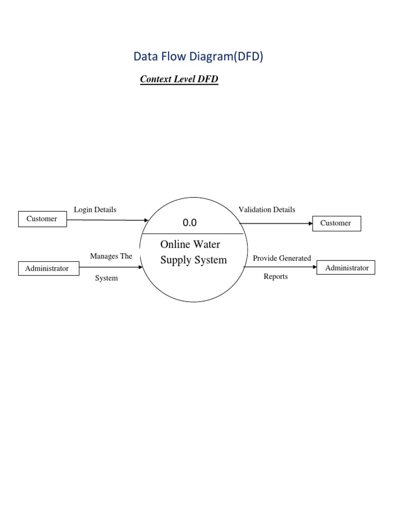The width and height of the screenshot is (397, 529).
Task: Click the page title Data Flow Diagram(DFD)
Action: [x=198, y=57]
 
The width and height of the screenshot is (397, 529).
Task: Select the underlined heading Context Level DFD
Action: [x=179, y=80]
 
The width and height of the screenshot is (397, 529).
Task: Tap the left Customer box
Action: [x=42, y=219]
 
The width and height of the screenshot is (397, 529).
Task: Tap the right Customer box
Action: [x=336, y=223]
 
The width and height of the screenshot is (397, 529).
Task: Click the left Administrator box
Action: [x=47, y=269]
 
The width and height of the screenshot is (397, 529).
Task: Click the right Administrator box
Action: [x=346, y=268]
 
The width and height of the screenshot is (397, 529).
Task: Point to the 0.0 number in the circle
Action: [x=190, y=223]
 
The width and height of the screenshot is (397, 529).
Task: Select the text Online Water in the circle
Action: [x=190, y=244]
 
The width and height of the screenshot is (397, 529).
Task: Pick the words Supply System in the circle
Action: [x=193, y=260]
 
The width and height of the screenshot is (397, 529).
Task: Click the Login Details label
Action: [x=95, y=210]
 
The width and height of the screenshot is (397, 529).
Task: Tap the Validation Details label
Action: [x=267, y=210]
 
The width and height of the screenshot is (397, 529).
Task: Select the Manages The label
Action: [x=111, y=256]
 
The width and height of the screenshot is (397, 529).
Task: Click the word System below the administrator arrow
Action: [x=106, y=278]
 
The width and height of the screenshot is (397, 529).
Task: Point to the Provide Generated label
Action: [x=282, y=258]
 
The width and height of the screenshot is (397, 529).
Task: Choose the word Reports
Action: [x=276, y=277]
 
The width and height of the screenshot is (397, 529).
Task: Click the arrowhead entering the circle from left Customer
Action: [x=146, y=221]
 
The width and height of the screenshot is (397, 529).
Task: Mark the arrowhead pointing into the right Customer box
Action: [x=311, y=224]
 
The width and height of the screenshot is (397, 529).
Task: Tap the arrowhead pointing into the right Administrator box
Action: [x=315, y=267]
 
